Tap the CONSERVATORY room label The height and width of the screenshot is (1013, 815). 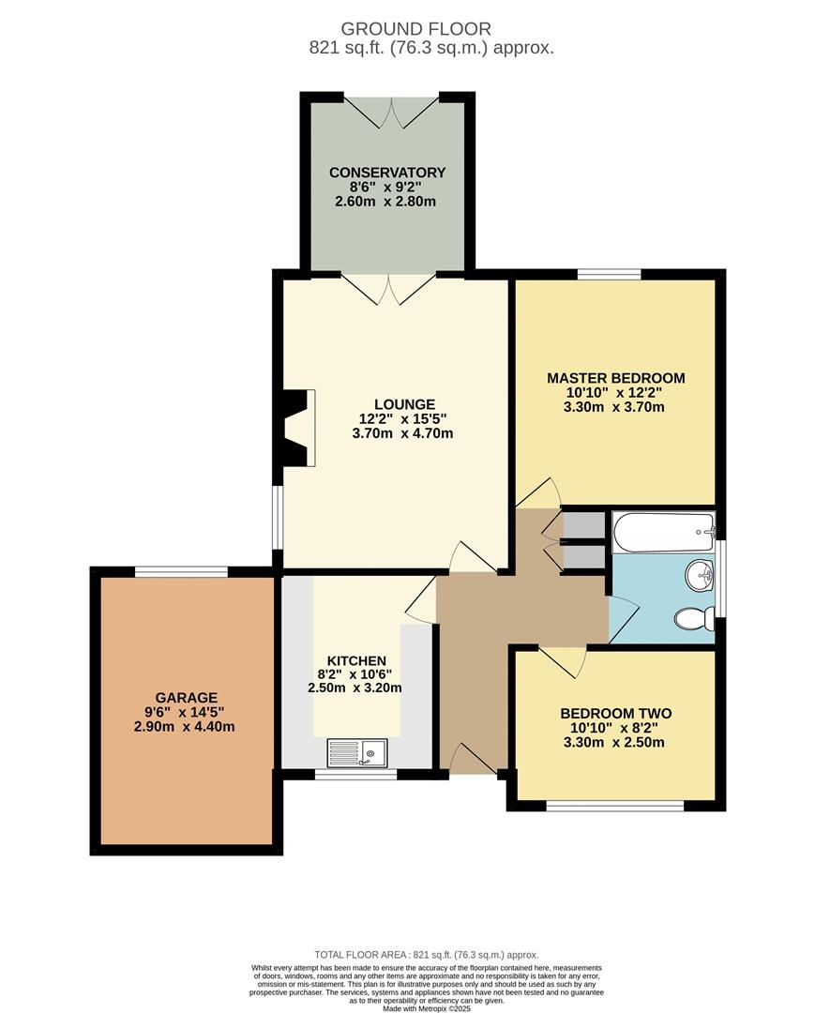[x=386, y=173]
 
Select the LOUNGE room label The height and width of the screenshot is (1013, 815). [x=402, y=404]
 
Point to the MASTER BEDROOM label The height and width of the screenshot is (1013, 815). [x=615, y=378]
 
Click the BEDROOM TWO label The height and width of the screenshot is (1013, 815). [x=615, y=713]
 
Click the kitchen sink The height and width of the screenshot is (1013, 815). [x=357, y=751]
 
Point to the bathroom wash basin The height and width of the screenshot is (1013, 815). [x=698, y=576]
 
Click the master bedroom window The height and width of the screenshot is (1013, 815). [x=609, y=274]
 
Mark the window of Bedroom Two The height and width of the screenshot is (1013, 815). [x=614, y=806]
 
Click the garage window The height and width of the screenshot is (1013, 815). [x=181, y=571]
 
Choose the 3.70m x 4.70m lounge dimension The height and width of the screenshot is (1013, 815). [x=402, y=433]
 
